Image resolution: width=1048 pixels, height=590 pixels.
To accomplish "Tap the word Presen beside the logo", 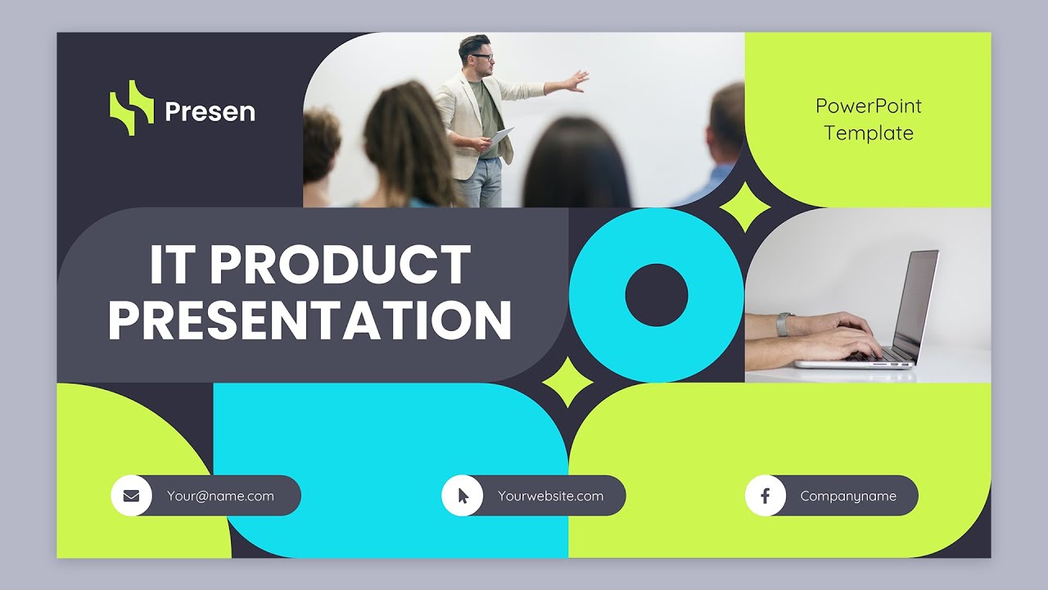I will click(210, 112).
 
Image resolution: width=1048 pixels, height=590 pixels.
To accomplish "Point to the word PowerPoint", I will click(868, 106).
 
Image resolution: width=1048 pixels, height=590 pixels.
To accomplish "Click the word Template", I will click(868, 133).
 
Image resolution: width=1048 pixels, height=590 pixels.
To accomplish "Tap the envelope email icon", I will click(131, 496).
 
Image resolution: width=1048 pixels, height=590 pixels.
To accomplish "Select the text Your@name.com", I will click(220, 496).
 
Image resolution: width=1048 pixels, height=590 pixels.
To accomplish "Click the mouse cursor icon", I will click(463, 496).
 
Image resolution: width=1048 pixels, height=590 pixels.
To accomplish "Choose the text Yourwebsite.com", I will click(550, 496).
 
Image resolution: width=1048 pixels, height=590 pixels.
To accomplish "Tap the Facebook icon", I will click(766, 496).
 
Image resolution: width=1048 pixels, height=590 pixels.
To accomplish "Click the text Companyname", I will click(848, 496).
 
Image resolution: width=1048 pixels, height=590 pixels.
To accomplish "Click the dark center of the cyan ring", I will click(656, 295).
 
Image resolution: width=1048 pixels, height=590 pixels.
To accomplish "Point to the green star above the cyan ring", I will click(744, 206).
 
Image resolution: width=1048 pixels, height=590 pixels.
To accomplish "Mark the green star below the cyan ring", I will click(568, 383).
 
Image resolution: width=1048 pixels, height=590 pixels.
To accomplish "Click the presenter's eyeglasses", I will click(483, 57).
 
